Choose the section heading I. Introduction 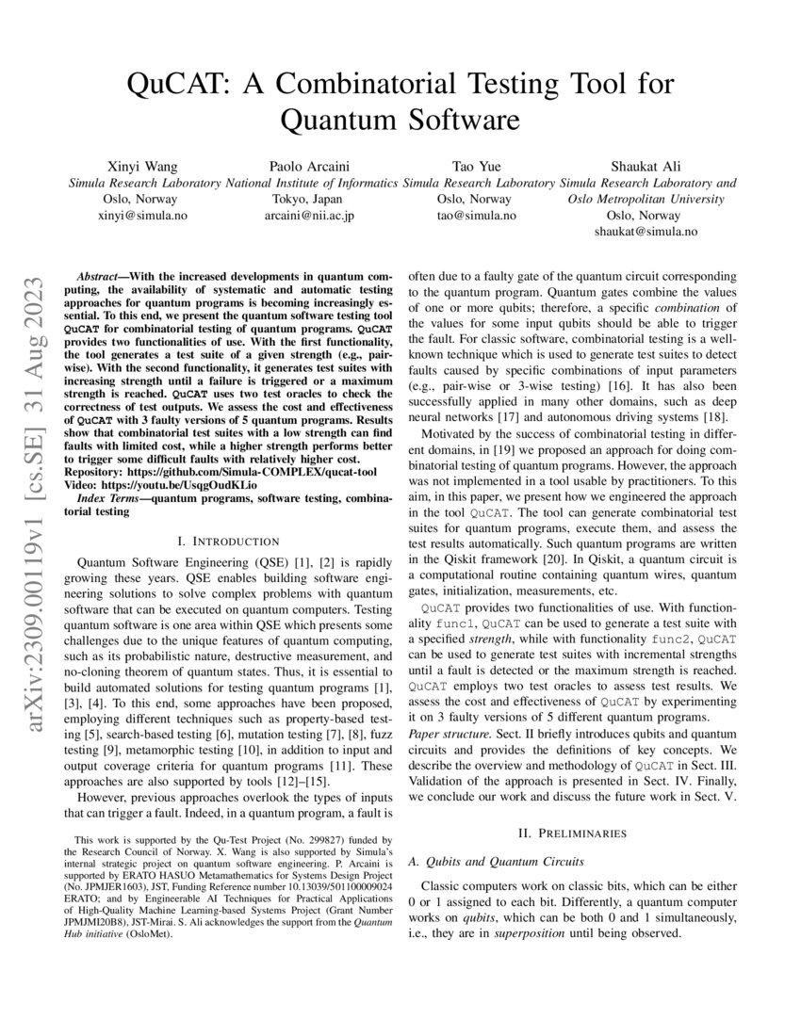click(228, 541)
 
